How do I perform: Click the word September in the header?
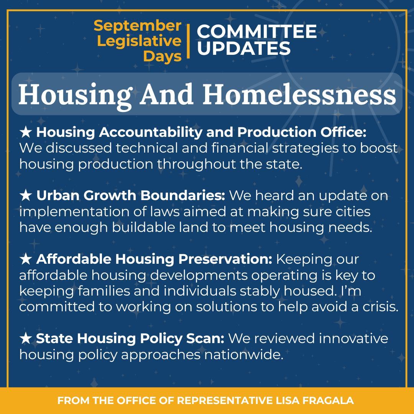pos(137,26)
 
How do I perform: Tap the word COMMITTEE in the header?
pos(256,32)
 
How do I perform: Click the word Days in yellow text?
pos(163,56)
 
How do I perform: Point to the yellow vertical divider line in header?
pos(188,41)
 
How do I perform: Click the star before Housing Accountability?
pos(25,133)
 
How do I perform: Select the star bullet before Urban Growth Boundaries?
pos(25,196)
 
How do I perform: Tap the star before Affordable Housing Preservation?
pos(25,259)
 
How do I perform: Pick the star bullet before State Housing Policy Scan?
pos(25,338)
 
